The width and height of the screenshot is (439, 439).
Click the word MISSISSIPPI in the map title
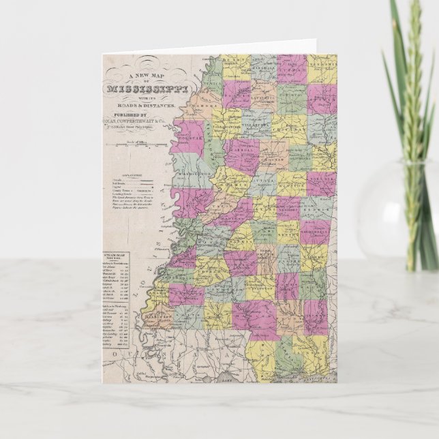pyautogui.click(x=140, y=89)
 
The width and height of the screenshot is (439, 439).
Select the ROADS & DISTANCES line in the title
pyautogui.click(x=147, y=106)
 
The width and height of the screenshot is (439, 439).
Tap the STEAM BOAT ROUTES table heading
pyautogui.click(x=119, y=258)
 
